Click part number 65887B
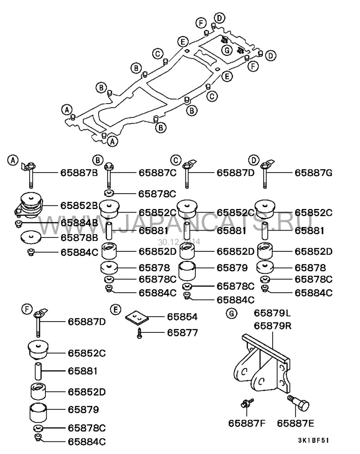tap(80, 172)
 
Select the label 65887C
tap(157, 172)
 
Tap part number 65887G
tap(314, 172)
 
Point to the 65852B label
tap(80, 205)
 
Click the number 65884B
tap(80, 222)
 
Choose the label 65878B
tap(80, 237)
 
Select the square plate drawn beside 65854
tap(137, 318)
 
